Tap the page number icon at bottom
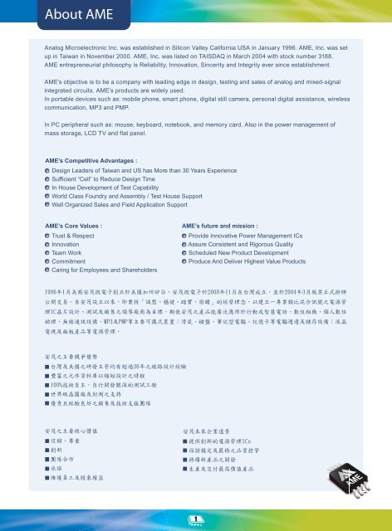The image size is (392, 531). coord(196,521)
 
